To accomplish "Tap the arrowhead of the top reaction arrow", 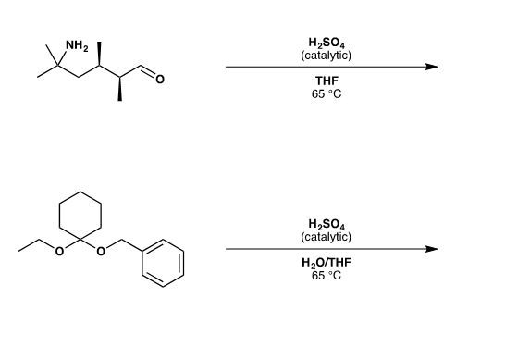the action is pyautogui.click(x=430, y=67).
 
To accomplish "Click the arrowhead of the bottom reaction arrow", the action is pyautogui.click(x=430, y=248).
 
